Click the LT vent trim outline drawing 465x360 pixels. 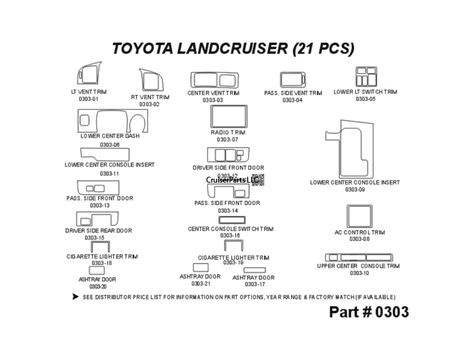pos(89,75)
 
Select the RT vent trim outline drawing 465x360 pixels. pos(150,81)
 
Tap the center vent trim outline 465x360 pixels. pos(213,81)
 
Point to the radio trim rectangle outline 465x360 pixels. pos(228,117)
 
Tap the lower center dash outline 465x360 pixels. pos(112,121)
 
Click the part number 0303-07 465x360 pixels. pos(228,139)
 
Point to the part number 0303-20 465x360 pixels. pos(98,287)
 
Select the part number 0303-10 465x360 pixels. pos(359,273)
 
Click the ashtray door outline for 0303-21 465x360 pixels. pos(200,267)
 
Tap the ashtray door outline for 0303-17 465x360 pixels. pos(254,270)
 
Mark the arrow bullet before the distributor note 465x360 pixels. pos(76,297)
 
